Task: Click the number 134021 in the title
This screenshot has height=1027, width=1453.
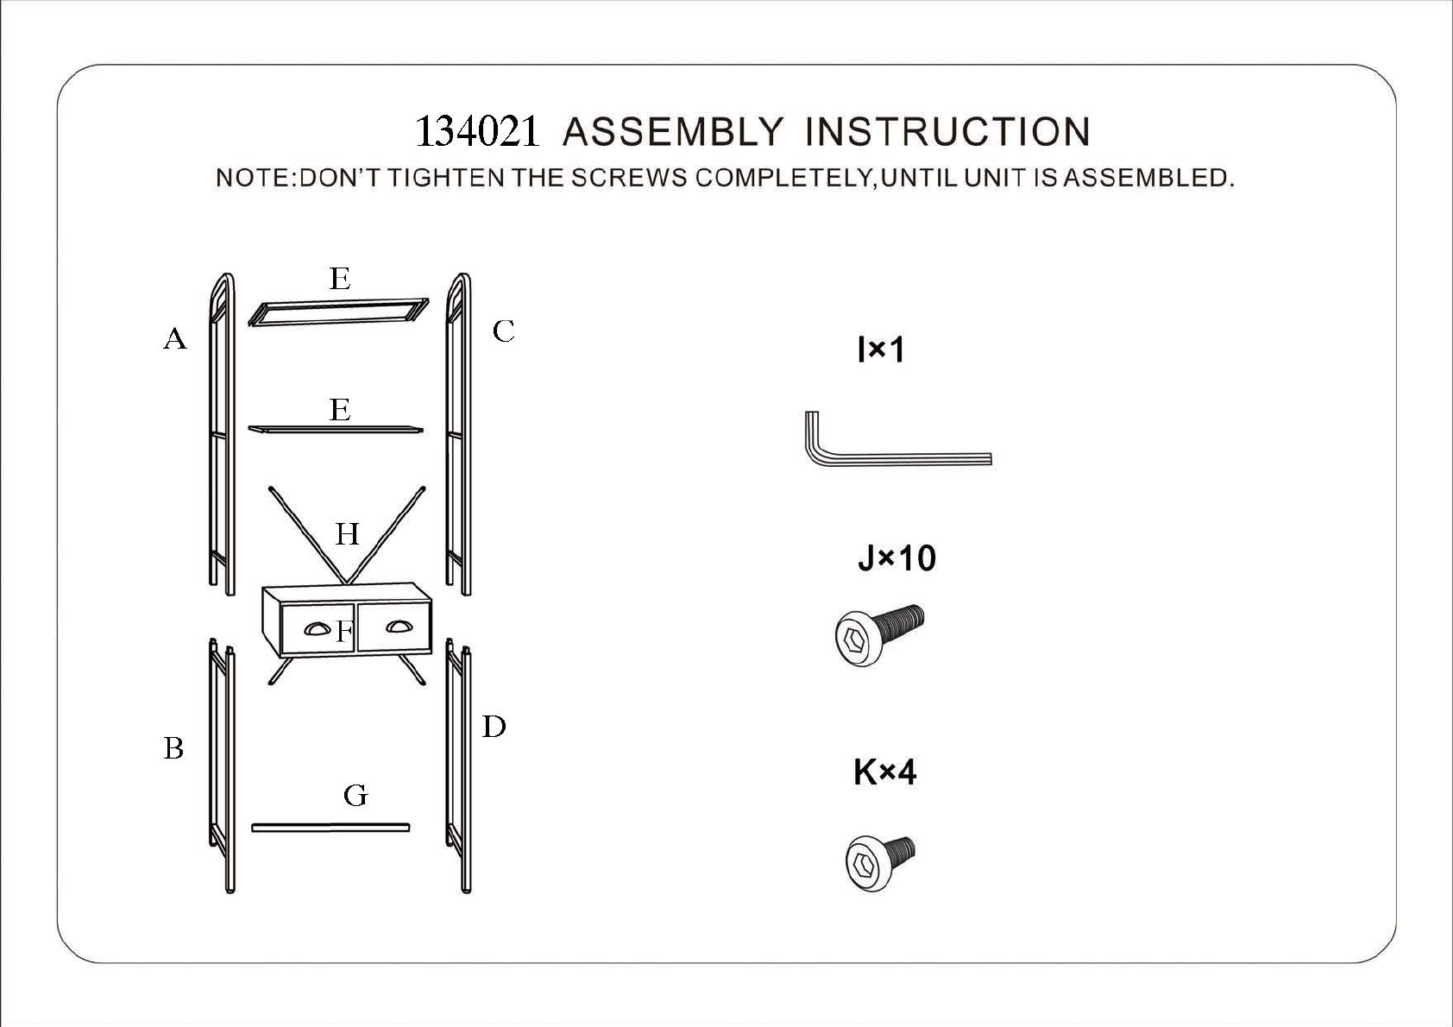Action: tap(477, 132)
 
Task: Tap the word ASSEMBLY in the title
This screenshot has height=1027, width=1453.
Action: tap(673, 132)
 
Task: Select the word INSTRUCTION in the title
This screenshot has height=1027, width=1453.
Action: tap(947, 132)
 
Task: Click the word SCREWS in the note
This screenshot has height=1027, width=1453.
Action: tap(629, 178)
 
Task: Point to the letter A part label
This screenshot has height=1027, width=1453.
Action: tap(175, 338)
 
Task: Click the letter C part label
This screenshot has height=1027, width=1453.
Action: tap(503, 331)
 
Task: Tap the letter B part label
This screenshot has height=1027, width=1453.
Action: tap(173, 747)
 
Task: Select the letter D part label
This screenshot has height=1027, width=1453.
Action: tap(494, 727)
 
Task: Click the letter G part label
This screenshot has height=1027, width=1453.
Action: tap(355, 795)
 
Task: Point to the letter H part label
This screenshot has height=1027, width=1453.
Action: tap(347, 534)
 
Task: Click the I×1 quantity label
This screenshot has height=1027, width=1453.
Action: tap(881, 350)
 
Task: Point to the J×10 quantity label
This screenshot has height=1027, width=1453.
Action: tap(896, 558)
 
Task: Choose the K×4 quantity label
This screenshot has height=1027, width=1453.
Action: tap(884, 772)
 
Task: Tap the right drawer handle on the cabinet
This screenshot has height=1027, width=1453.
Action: tap(398, 627)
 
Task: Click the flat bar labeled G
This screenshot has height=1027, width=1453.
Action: tap(330, 828)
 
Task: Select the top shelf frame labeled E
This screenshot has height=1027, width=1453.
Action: tap(338, 312)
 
